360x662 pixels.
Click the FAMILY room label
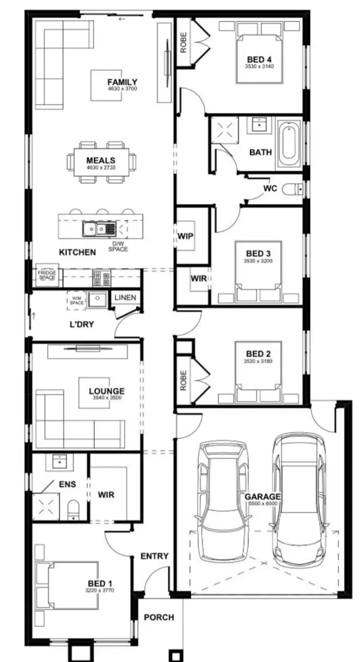click(x=122, y=82)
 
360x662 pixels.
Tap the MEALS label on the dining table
click(x=101, y=161)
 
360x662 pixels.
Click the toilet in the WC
click(x=291, y=189)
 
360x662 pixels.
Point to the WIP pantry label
click(x=186, y=236)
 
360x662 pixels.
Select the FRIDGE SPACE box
click(x=47, y=275)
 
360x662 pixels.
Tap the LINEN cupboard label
click(x=125, y=298)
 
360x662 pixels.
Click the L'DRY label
click(x=82, y=324)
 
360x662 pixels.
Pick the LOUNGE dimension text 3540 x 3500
click(x=106, y=398)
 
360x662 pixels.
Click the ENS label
click(x=67, y=484)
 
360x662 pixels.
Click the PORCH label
click(x=159, y=617)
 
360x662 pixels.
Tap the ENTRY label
click(x=155, y=556)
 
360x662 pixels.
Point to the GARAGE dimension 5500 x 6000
click(x=263, y=504)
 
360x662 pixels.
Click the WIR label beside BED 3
click(x=199, y=279)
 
